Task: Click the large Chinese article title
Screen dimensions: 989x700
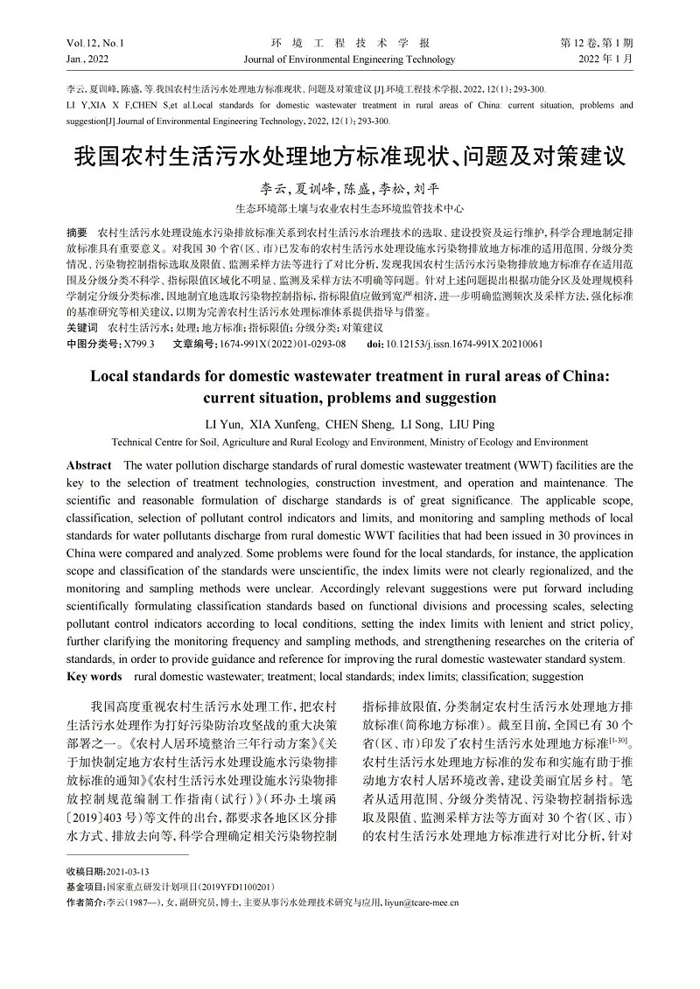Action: (x=349, y=157)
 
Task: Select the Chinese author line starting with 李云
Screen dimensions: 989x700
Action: (x=349, y=189)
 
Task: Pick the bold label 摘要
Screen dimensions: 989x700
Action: (x=77, y=233)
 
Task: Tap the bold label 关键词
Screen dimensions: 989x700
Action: (x=81, y=328)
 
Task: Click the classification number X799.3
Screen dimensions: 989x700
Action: (x=139, y=344)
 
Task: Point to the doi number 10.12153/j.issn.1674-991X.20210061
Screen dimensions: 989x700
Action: (x=464, y=344)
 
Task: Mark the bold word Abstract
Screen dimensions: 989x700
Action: (x=89, y=465)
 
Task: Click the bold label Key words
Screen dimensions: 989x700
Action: (x=94, y=676)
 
